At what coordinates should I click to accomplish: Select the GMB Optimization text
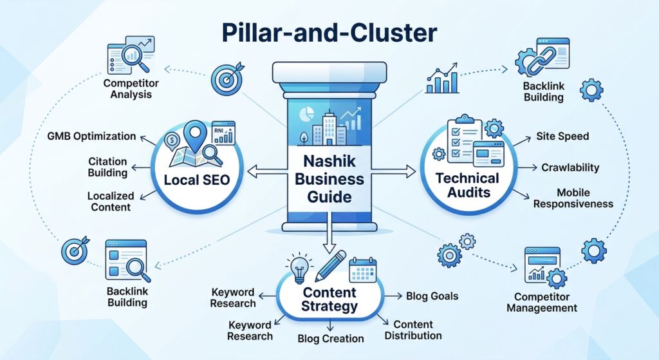[91, 137]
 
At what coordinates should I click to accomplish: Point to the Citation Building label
[107, 167]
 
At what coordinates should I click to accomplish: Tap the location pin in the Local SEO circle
[193, 137]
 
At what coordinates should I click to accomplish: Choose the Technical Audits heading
[467, 184]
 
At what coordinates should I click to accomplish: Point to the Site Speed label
[562, 137]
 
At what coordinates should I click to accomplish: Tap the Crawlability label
[570, 167]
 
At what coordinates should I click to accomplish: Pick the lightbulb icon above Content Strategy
[299, 268]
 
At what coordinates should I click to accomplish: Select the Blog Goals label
[432, 296]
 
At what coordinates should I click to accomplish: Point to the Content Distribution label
[417, 330]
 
